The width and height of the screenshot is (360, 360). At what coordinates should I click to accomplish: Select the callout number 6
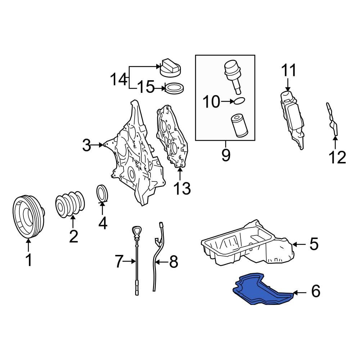[x=316, y=291]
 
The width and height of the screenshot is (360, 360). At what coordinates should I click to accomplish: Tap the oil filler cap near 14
[x=170, y=68]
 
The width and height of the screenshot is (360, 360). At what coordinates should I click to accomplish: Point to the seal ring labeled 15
[x=175, y=88]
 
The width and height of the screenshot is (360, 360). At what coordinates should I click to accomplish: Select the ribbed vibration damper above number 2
[x=70, y=203]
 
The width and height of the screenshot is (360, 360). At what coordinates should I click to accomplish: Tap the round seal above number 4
[x=102, y=193]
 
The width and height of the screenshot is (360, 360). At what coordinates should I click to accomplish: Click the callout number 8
[x=174, y=261]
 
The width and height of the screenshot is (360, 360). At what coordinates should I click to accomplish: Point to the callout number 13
[x=182, y=188]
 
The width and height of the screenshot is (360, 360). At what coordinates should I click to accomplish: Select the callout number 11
[x=289, y=70]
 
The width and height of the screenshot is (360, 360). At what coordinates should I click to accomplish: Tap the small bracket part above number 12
[x=332, y=120]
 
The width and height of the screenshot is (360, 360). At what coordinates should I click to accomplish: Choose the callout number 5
[x=314, y=244]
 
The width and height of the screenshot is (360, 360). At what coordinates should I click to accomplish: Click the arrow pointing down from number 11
[x=288, y=85]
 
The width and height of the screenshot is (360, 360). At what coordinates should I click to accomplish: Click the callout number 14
[x=118, y=79]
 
